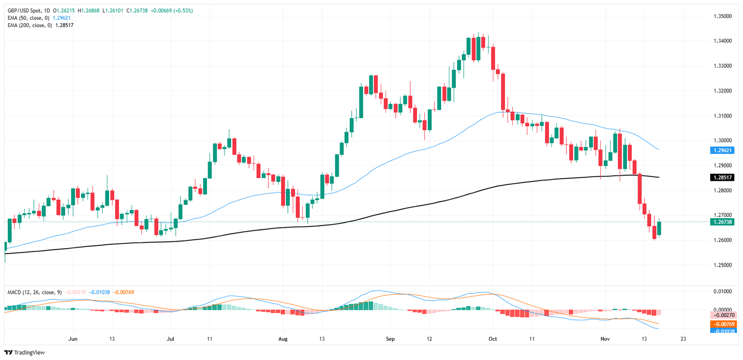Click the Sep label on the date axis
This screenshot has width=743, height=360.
pyautogui.click(x=391, y=339)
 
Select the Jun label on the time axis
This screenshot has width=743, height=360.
pyautogui.click(x=74, y=339)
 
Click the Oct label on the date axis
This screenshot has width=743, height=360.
pyautogui.click(x=493, y=339)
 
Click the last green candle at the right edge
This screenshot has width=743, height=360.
pyautogui.click(x=659, y=228)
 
